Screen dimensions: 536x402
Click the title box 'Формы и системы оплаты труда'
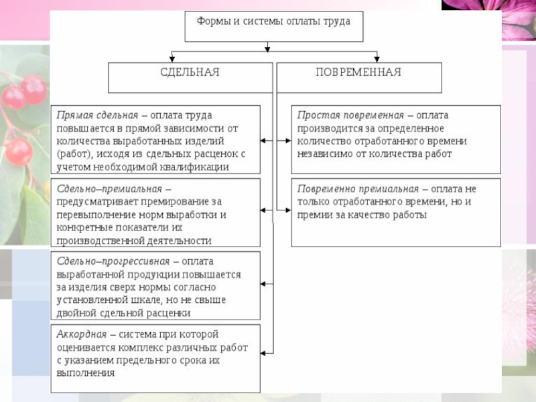tap(274, 27)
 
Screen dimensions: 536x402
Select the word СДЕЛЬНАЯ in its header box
tap(190, 72)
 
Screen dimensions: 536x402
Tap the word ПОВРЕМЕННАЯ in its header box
tap(358, 72)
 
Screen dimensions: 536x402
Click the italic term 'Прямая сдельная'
tap(97, 115)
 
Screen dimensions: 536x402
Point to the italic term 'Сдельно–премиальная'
tap(109, 189)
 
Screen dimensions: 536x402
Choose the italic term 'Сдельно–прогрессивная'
tap(113, 261)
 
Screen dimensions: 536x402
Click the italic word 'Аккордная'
tap(82, 334)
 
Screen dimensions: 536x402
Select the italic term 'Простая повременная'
tap(350, 115)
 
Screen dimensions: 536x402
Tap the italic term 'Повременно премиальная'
tap(358, 189)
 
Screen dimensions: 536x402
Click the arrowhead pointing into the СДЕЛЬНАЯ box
tap(172, 59)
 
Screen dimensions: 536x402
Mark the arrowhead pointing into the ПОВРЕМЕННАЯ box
tap(377, 59)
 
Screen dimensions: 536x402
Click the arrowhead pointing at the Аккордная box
tap(263, 353)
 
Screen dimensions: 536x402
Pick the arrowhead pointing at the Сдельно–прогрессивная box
tap(263, 283)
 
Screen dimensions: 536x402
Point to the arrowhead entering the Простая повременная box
tap(288, 141)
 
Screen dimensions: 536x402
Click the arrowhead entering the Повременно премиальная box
tap(288, 210)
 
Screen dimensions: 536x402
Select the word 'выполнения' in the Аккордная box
tap(86, 373)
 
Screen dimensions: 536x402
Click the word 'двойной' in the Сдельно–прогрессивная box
tap(77, 313)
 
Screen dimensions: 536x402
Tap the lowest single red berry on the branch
tap(19, 152)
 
